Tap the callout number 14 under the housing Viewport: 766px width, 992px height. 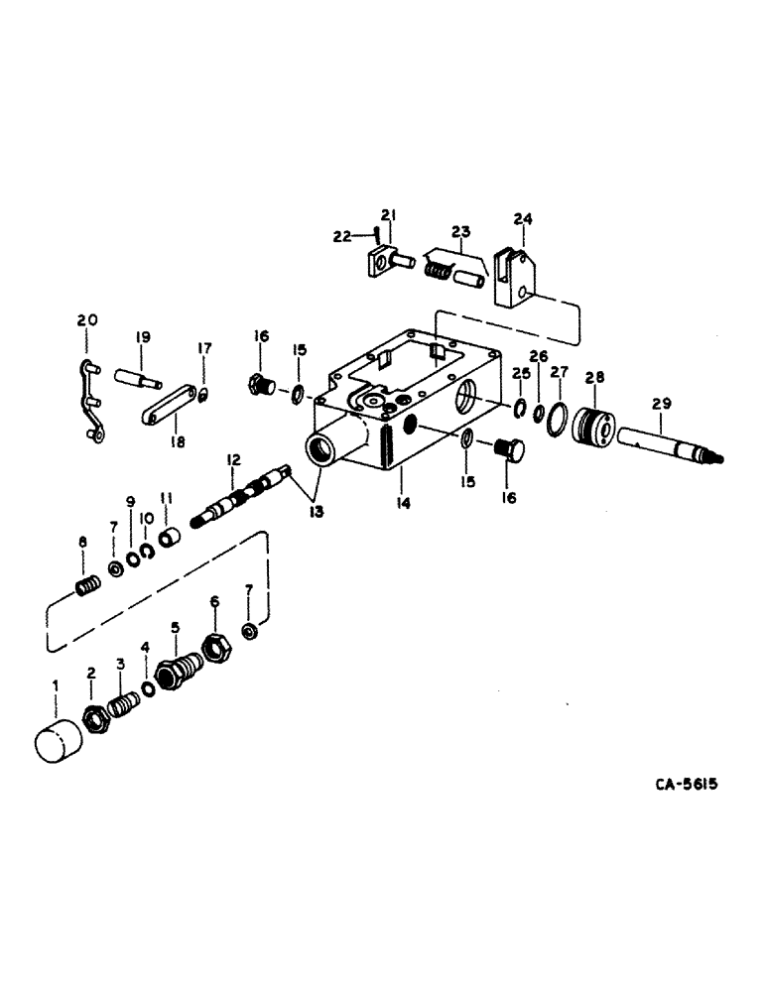(x=403, y=504)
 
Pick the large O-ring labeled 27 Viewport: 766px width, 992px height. (x=559, y=418)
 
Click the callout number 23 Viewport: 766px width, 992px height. (x=460, y=232)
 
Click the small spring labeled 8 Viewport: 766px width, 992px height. (x=88, y=585)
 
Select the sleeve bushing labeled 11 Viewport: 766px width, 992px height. (x=170, y=541)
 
